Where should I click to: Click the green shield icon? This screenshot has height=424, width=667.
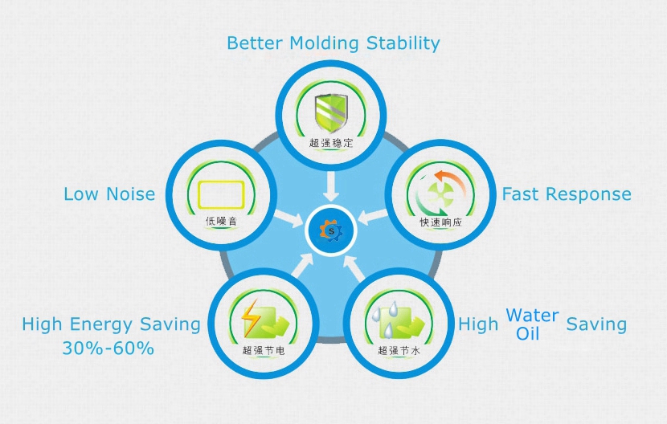(x=331, y=113)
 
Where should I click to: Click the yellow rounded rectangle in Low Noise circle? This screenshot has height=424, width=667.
(x=221, y=195)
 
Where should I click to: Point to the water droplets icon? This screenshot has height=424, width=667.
(x=385, y=318)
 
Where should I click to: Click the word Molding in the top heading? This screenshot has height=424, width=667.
(x=324, y=43)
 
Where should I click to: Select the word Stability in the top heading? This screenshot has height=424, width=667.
(x=403, y=43)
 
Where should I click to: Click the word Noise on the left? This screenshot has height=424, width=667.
(x=131, y=194)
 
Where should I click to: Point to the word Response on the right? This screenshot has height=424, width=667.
(x=588, y=194)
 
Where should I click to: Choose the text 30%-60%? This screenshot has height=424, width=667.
(x=108, y=348)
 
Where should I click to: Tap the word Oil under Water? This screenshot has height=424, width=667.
(x=527, y=334)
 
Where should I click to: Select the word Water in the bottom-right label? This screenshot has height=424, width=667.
(x=532, y=316)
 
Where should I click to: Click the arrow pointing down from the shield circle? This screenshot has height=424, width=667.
(x=331, y=186)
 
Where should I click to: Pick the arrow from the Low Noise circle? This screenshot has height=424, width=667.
(x=288, y=218)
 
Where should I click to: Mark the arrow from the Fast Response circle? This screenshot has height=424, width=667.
(x=373, y=216)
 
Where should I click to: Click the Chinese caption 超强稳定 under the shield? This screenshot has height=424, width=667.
(x=331, y=143)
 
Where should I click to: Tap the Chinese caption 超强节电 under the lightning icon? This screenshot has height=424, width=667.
(x=264, y=350)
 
